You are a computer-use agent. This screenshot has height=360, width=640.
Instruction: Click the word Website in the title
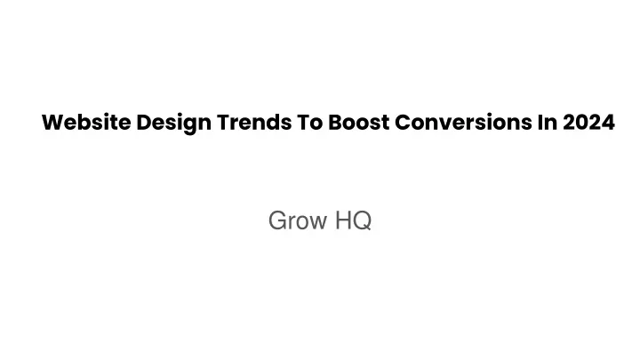pyautogui.click(x=86, y=122)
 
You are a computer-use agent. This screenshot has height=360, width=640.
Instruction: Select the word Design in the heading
pyautogui.click(x=174, y=124)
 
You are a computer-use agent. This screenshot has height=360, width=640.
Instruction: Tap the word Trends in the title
pyautogui.click(x=254, y=122)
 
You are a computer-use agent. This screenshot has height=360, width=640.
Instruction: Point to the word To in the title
pyautogui.click(x=310, y=122)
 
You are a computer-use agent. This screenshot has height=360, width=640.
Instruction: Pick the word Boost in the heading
pyautogui.click(x=359, y=122)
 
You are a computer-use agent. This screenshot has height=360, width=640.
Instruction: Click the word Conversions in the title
pyautogui.click(x=463, y=122)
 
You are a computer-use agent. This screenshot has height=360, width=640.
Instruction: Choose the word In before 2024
pyautogui.click(x=548, y=122)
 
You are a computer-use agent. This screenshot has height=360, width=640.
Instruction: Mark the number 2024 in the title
pyautogui.click(x=588, y=122)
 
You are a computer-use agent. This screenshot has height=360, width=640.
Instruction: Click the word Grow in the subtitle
pyautogui.click(x=298, y=220)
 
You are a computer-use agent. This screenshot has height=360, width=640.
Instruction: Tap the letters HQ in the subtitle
pyautogui.click(x=353, y=220)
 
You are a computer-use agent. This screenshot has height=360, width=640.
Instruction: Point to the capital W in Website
pyautogui.click(x=53, y=123)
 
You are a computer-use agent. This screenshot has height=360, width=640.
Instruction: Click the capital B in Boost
pyautogui.click(x=335, y=123)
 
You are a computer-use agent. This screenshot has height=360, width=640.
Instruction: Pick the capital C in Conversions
pyautogui.click(x=403, y=123)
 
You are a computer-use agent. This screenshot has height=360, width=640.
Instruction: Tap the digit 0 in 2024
pyautogui.click(x=582, y=123)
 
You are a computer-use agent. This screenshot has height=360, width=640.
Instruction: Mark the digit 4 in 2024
pyautogui.click(x=609, y=123)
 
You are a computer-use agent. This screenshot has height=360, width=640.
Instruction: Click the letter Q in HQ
pyautogui.click(x=363, y=220)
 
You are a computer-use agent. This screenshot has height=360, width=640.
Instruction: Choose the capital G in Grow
pyautogui.click(x=277, y=220)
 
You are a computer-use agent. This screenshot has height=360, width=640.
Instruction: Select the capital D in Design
pyautogui.click(x=144, y=123)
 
